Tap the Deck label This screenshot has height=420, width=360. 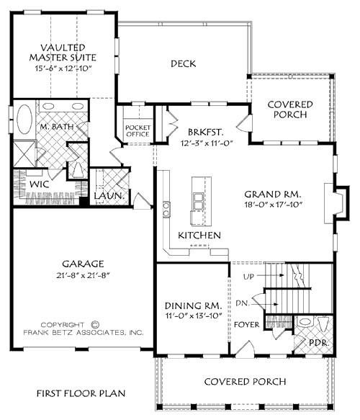point(184,63)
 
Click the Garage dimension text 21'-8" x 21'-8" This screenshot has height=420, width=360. point(83,277)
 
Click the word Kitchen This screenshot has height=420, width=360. point(194,236)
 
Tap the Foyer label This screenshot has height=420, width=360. point(247,325)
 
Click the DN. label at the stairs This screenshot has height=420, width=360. point(243,304)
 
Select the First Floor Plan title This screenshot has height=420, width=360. point(81,393)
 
